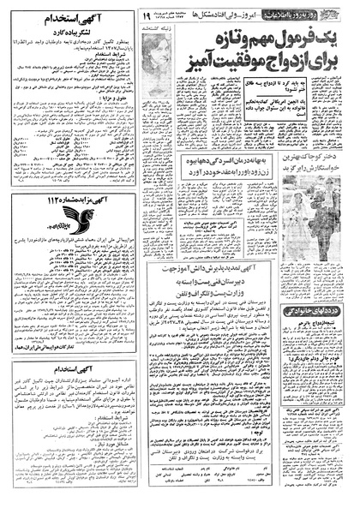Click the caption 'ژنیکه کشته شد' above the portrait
[x=163, y=29]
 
